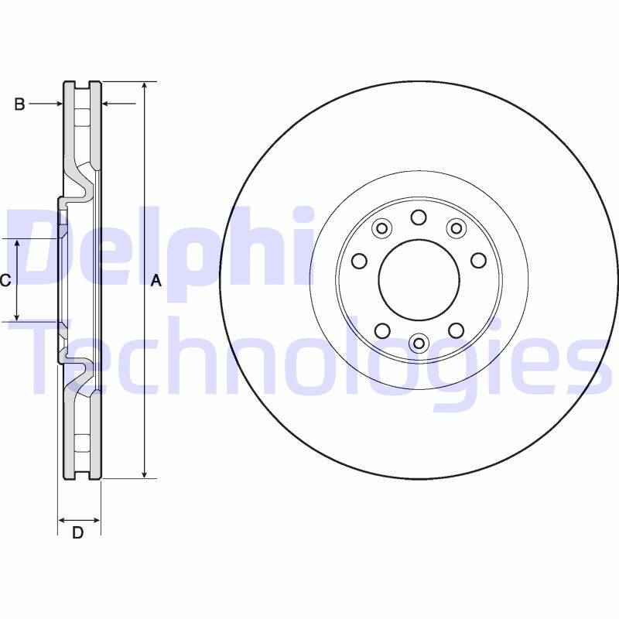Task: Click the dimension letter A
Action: pos(156,282)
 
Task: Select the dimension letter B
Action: pos(20,104)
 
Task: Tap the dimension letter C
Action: pos(5,280)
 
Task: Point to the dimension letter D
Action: pos(77,532)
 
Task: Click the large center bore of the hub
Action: pos(418,280)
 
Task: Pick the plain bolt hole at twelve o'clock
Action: pos(419,217)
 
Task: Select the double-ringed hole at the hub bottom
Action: pos(419,343)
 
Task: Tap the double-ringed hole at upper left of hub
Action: pos(381,228)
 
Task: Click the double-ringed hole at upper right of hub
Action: pos(456,228)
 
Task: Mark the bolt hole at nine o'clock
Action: pos(359,261)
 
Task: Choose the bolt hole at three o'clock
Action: pos(478,261)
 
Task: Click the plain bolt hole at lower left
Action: pos(381,331)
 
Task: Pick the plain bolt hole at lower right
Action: pos(456,331)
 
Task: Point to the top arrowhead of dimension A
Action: pos(144,86)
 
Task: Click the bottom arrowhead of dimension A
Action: pos(144,474)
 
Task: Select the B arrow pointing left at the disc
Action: pos(108,104)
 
